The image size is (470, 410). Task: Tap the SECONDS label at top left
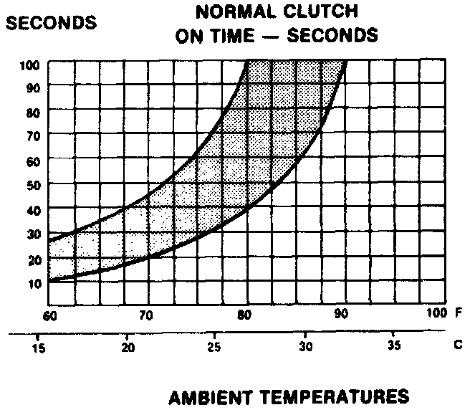tap(51, 22)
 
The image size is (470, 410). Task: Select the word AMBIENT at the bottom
tap(208, 396)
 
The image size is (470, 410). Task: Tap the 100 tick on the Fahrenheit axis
tap(436, 314)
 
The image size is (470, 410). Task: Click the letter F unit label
tap(458, 314)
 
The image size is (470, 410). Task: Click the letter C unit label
tap(458, 343)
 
